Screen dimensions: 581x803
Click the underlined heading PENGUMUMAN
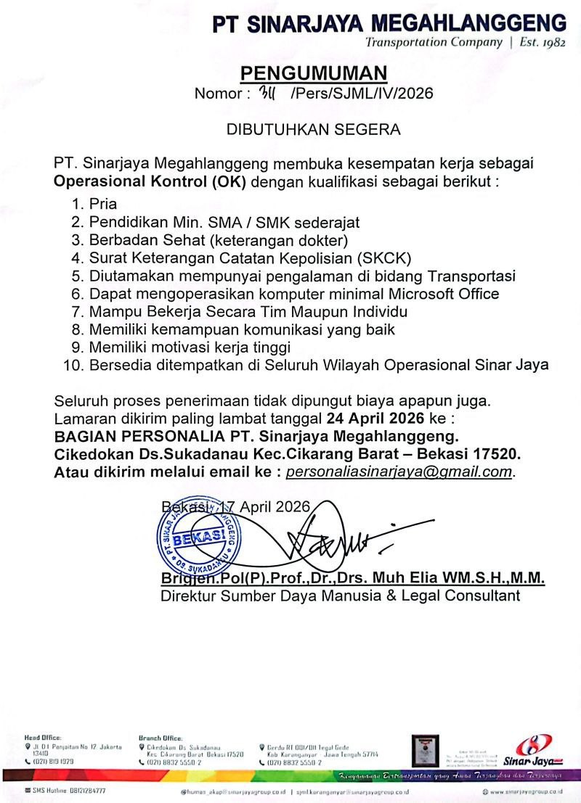314,73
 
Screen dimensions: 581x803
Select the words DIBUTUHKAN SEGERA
314,130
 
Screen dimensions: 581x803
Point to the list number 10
73,366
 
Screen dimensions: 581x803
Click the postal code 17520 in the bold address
498,454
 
